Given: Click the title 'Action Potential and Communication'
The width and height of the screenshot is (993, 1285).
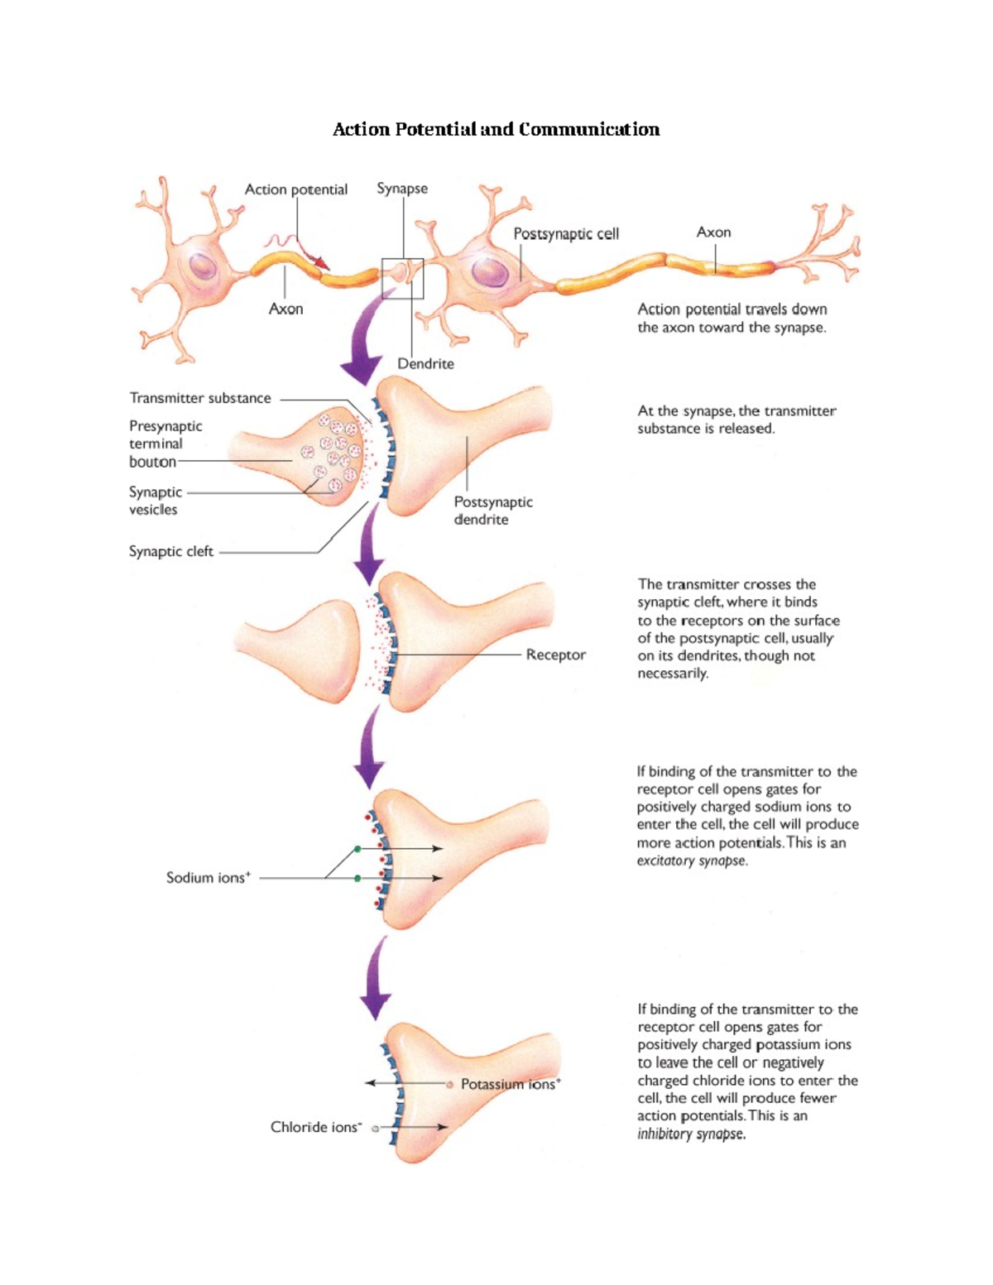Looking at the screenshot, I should (496, 129).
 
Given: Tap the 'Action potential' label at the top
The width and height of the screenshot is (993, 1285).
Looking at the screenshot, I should (295, 189).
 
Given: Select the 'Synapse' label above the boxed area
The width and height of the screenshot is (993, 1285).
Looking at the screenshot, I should (402, 189).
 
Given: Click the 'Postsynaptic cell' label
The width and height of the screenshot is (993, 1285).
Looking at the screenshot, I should (566, 234).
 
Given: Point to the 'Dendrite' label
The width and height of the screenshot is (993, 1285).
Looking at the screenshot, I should (425, 363).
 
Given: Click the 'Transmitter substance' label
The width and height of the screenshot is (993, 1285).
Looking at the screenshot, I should (200, 398).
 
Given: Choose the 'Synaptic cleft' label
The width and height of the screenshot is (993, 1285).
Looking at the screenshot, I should (171, 551).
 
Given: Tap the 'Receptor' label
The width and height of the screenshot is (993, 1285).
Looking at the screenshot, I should (555, 654).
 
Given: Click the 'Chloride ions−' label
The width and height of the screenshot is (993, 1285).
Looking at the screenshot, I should (316, 1127).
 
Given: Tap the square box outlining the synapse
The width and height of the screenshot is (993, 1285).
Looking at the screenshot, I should (402, 278).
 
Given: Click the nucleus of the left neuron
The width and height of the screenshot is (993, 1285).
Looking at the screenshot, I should (203, 266).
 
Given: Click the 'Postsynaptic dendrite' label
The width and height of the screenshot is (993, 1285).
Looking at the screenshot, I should (493, 511).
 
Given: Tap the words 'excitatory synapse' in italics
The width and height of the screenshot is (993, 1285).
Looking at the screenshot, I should (692, 861).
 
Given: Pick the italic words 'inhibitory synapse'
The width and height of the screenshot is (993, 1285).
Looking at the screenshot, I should (691, 1134).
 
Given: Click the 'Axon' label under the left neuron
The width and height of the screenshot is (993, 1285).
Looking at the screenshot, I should (285, 309).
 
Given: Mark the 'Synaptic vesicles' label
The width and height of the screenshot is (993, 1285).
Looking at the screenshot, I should (155, 501).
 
